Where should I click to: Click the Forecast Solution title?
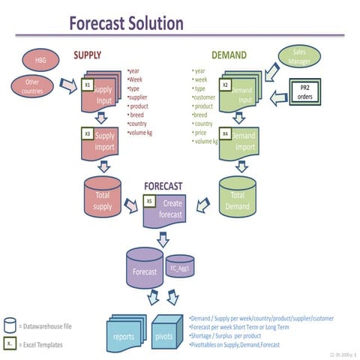tap(126, 23)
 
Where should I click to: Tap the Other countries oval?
tap(31, 85)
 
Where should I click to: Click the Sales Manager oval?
tap(299, 57)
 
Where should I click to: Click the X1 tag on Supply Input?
tap(88, 85)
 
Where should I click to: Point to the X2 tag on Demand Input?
tap(225, 85)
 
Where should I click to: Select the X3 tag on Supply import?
tap(88, 133)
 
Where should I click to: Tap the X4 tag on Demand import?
tap(225, 133)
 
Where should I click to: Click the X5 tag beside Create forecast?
tap(148, 201)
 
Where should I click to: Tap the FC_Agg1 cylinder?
tap(180, 267)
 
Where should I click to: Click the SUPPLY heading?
tap(88, 55)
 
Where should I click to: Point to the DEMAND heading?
tap(229, 55)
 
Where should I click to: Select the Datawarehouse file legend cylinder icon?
tap(9, 325)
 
